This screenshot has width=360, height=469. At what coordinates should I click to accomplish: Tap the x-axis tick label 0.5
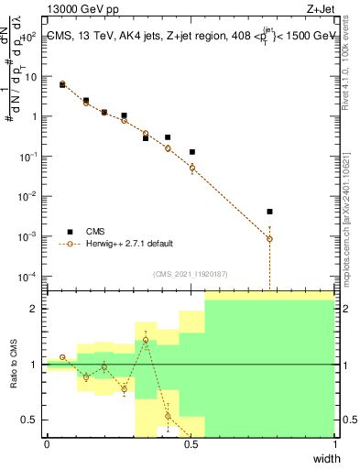191,445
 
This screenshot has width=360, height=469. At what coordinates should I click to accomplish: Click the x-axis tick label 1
334,445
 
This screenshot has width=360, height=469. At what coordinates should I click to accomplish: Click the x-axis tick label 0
47,445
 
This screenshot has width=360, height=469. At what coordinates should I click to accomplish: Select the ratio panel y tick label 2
34,309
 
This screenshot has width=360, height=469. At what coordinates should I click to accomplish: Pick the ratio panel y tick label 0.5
29,420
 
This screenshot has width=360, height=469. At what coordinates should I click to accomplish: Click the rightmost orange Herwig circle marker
269,238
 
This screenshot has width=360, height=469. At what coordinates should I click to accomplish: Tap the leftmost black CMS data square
62,84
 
